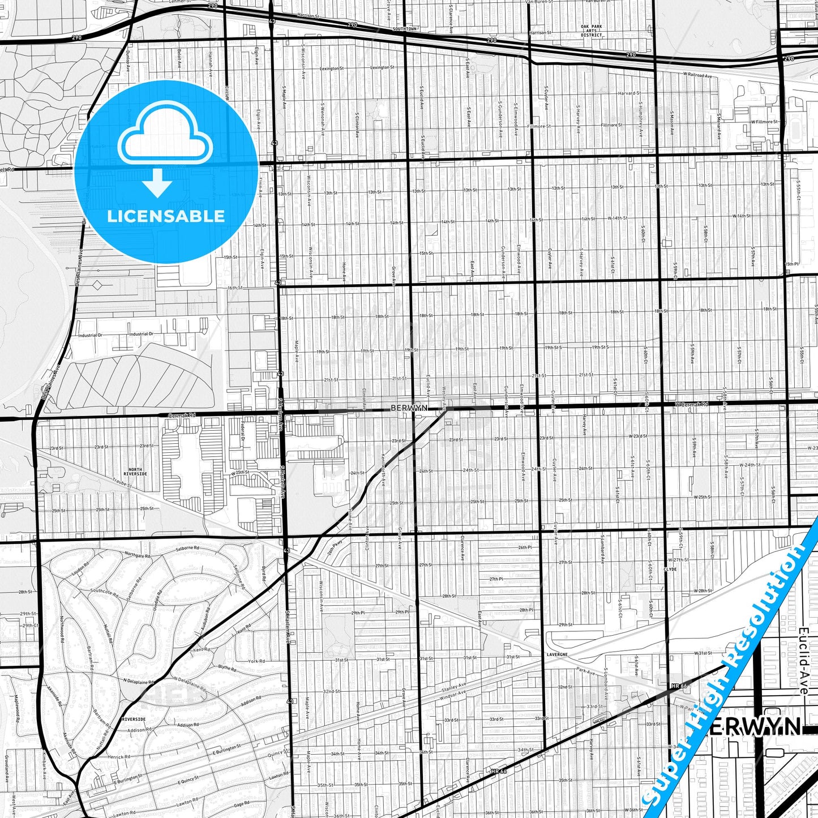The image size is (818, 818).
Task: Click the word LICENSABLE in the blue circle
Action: pyautogui.click(x=166, y=216)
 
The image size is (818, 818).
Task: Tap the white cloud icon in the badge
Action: pyautogui.click(x=165, y=136)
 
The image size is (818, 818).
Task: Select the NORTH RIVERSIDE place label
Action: pyautogui.click(x=135, y=472)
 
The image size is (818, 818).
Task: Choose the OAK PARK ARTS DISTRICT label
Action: pyautogui.click(x=592, y=31)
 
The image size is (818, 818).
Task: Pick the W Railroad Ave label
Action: pyautogui.click(x=697, y=74)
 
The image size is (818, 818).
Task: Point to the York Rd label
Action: pyautogui.click(x=256, y=661)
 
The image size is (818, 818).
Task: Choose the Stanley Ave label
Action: pyautogui.click(x=454, y=687)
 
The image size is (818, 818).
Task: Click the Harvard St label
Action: pyautogui.click(x=629, y=93)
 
